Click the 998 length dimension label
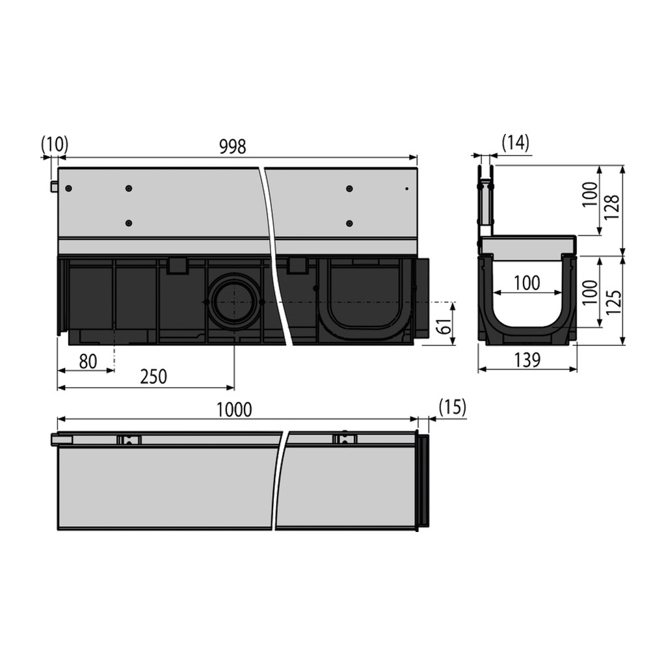point(232,146)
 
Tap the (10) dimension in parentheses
point(55,144)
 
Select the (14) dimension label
point(516,142)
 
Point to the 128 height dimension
point(612,207)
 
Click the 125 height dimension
point(613,302)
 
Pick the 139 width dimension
point(527,360)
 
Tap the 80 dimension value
point(88,362)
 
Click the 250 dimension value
point(153,377)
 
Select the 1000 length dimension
point(234,410)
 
